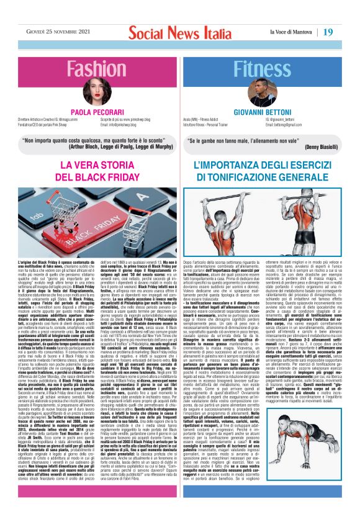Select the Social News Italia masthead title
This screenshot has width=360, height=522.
point(179,31)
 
